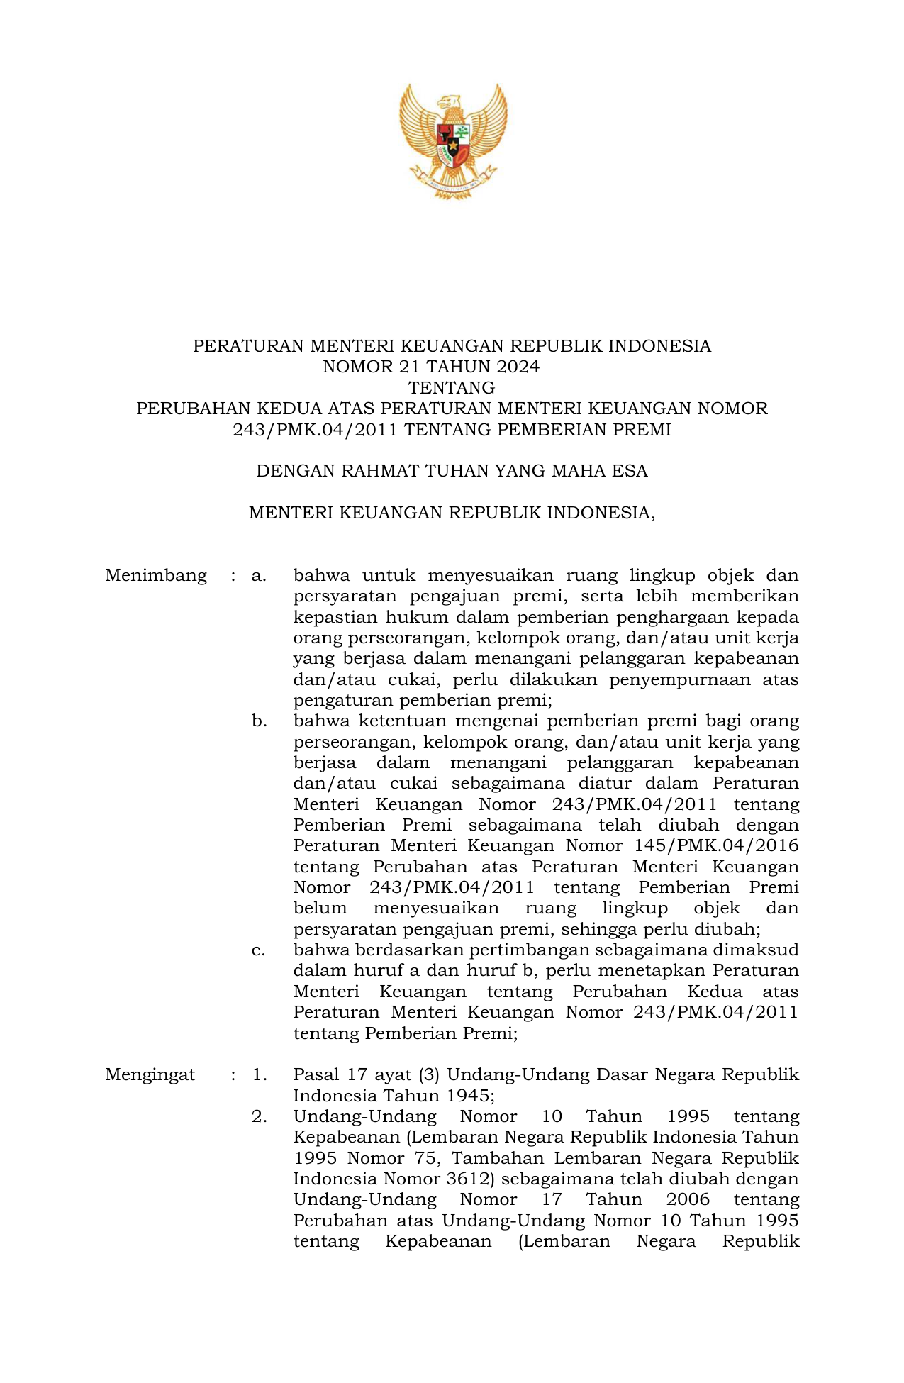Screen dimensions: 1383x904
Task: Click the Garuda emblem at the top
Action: point(452,140)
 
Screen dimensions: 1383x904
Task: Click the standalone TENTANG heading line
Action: point(452,388)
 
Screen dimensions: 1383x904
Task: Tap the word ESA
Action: point(630,472)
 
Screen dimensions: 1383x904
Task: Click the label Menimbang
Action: point(156,575)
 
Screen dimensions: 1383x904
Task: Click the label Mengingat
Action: point(150,1074)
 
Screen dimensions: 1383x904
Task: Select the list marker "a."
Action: point(259,575)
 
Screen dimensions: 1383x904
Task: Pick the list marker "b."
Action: point(259,721)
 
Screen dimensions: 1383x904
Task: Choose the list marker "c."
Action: point(259,950)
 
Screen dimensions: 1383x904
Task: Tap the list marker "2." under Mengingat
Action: point(259,1116)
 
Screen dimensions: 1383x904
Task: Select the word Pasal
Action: point(316,1074)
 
